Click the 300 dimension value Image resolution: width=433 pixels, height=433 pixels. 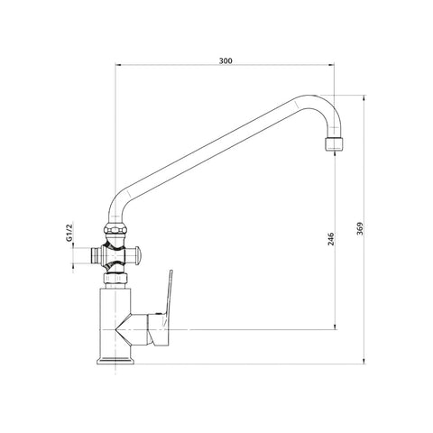(x=226, y=60)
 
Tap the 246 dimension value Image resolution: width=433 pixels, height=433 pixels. (x=331, y=239)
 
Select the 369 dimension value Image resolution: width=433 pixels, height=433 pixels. (x=360, y=229)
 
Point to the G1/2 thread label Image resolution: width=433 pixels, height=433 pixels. (x=69, y=233)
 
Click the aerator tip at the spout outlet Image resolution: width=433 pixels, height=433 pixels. (x=334, y=143)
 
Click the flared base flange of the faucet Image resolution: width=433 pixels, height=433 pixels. (x=115, y=361)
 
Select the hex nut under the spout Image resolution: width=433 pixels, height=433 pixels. (x=115, y=229)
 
